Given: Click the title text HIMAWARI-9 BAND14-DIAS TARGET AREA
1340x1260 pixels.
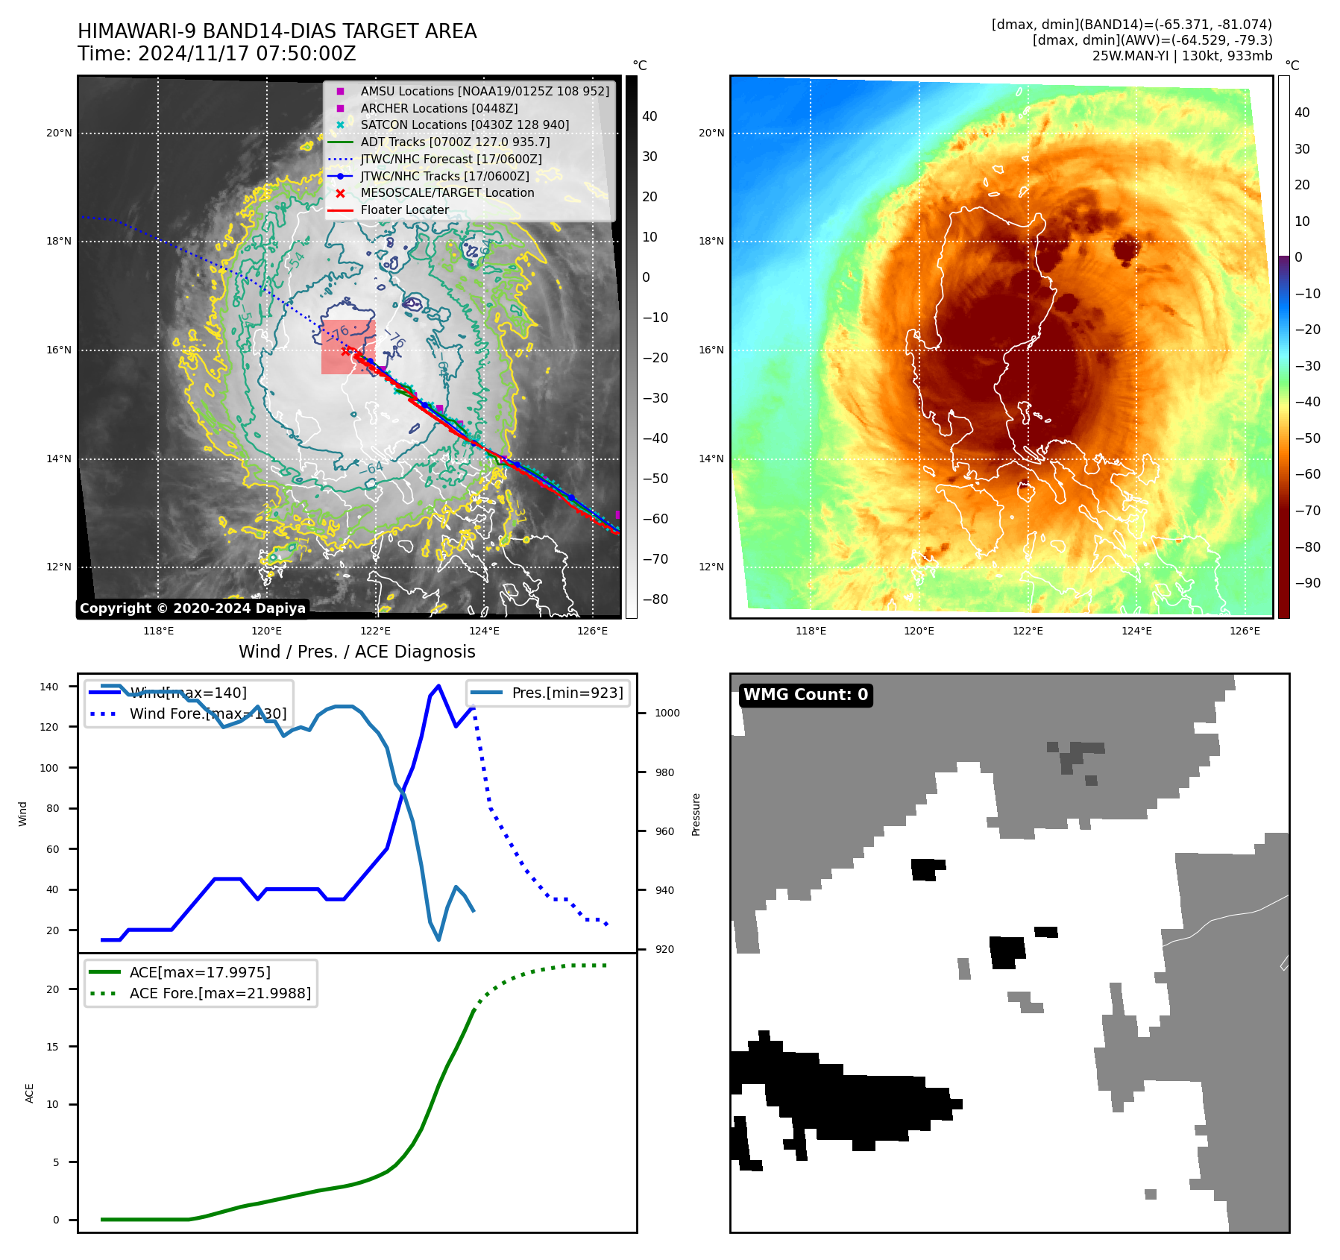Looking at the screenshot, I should point(277,31).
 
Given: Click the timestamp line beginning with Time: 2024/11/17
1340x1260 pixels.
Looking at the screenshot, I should point(216,54).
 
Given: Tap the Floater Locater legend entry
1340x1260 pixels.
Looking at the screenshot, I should point(404,210).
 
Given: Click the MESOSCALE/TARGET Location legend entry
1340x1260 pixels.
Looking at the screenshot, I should point(447,192).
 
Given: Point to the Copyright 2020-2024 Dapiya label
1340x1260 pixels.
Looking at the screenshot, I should point(192,608).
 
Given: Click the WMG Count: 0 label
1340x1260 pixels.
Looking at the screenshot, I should point(805,695).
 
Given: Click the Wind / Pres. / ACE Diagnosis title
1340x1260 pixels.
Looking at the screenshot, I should point(356,652).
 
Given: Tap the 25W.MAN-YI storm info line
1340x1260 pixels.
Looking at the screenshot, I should point(1182,56).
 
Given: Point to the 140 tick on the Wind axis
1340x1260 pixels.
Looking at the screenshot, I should point(48,687).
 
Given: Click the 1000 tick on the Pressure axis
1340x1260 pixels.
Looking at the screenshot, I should point(667,713).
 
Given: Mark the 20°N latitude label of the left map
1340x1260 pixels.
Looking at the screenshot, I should point(59,133).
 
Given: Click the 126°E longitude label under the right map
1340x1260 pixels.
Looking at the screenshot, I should point(1245,631).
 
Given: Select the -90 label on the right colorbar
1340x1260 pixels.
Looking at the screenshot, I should point(1307,583).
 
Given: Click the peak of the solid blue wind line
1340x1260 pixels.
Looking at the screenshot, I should point(438,685).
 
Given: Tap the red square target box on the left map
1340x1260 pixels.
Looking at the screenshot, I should point(347,347).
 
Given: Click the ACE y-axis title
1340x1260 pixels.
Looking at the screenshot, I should point(30,1093).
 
